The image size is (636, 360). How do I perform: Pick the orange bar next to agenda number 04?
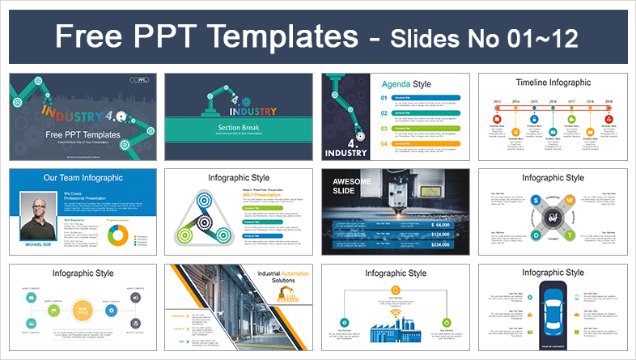tap(426, 144)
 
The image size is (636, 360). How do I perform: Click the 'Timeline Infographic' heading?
tap(554, 82)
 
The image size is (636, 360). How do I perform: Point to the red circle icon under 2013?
tap(497, 120)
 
